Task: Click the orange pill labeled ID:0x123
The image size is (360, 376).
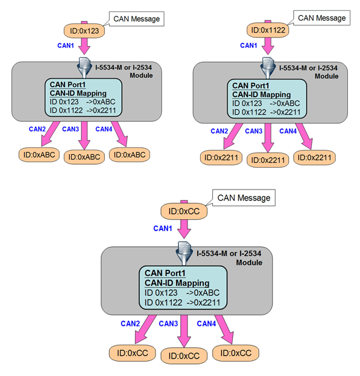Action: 84,31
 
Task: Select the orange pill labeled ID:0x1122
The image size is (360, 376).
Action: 268,30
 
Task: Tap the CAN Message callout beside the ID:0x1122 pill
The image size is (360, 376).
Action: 321,18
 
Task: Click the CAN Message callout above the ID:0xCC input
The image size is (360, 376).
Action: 244,198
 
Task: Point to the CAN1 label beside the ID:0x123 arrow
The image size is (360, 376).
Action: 66,45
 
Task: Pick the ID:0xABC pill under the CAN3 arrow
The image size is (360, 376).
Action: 84,157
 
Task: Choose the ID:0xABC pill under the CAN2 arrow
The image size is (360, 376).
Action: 39,155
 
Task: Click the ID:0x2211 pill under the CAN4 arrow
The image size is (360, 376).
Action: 314,158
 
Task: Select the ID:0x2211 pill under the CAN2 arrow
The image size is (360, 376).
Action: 221,158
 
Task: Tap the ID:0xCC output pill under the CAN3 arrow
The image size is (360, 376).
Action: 184,355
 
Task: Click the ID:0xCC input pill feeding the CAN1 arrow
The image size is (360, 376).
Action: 184,211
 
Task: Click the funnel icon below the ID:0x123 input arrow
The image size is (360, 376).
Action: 84,68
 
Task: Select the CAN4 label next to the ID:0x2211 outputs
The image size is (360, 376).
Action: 288,131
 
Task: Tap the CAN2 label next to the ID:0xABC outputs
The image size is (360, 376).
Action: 37,129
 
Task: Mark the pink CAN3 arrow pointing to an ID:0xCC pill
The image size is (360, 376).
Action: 184,331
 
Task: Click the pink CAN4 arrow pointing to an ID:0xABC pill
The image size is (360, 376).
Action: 120,134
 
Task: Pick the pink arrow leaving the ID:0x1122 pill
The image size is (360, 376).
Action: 268,46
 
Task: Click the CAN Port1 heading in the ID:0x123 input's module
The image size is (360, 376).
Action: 68,84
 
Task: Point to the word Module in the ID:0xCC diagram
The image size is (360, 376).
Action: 249,263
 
